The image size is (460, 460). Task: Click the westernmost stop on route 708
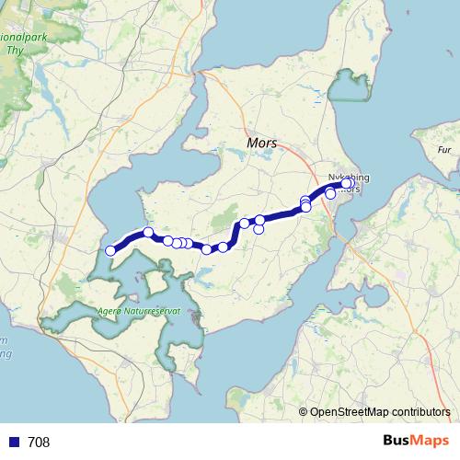coord(110,250)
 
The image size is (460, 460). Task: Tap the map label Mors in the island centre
coord(262,144)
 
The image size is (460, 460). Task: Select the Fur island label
coord(445,149)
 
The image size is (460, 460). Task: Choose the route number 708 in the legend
coord(39,443)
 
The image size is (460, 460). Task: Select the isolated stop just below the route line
coord(259,229)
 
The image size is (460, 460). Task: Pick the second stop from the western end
coord(148,232)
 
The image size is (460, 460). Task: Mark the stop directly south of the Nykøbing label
coord(331,194)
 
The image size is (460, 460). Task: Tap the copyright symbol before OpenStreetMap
coord(304,412)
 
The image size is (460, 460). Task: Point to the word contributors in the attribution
coord(420,412)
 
